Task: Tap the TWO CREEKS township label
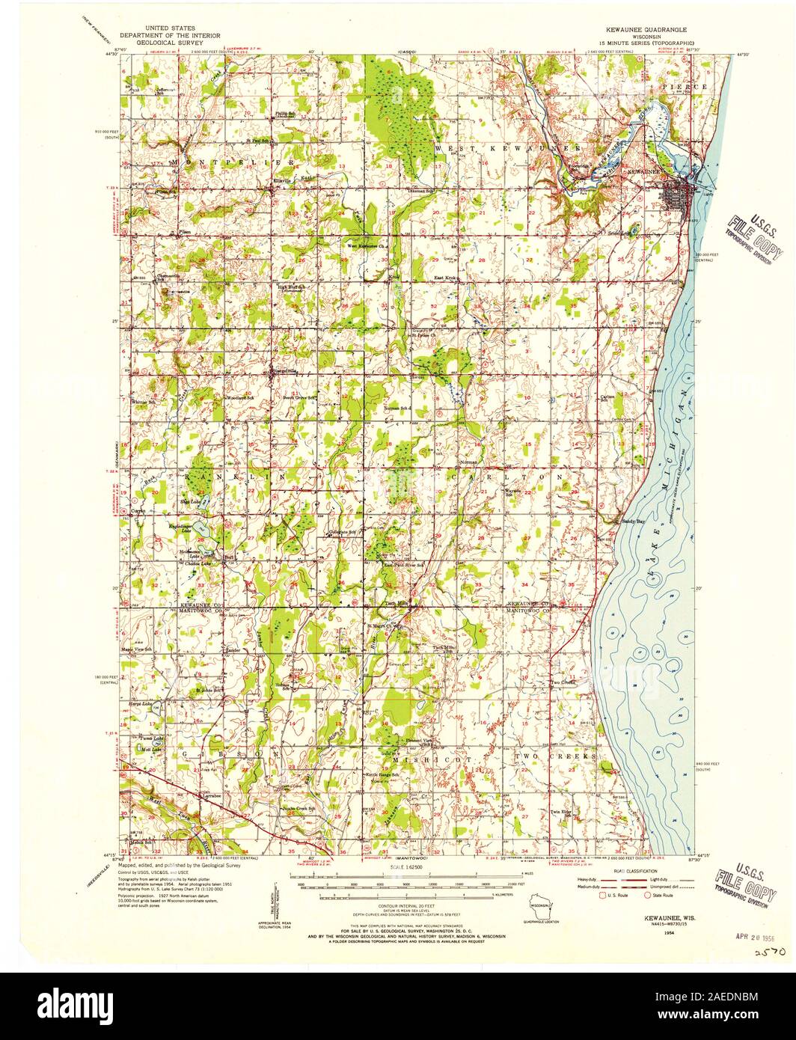coord(557,757)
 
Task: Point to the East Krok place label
coord(450,278)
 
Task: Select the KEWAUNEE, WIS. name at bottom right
coord(656,915)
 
